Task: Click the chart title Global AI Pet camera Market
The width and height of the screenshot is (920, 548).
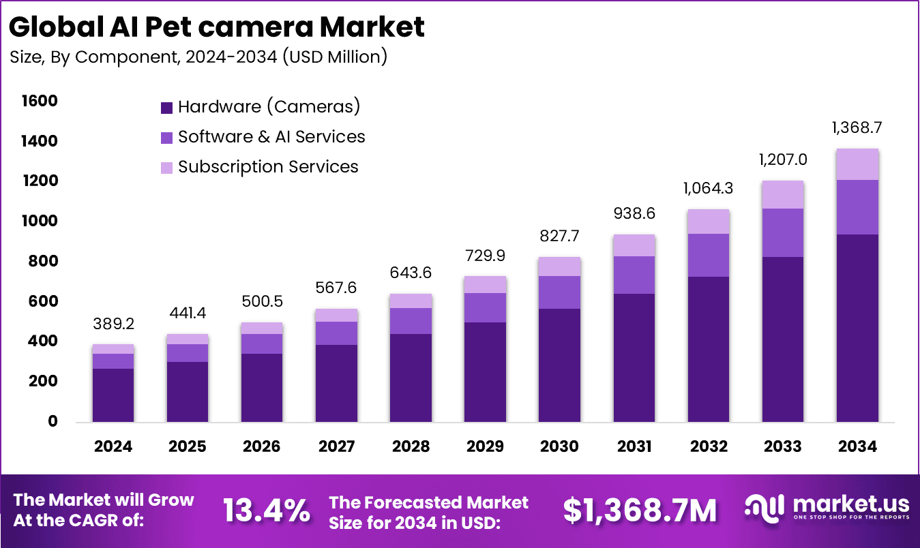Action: tap(217, 27)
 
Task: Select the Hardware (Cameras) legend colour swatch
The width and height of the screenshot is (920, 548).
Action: tap(166, 107)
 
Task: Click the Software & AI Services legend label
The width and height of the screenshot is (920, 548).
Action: tap(271, 137)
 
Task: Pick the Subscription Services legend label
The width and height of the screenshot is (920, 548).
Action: tap(268, 167)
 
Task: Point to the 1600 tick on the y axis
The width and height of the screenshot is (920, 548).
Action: tap(40, 102)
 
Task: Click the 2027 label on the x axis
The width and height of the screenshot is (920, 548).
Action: tap(336, 446)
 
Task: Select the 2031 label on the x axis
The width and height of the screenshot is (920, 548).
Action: tap(634, 446)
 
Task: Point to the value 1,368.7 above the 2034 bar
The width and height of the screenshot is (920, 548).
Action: tap(857, 128)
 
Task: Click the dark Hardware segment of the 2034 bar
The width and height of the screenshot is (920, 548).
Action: tap(857, 327)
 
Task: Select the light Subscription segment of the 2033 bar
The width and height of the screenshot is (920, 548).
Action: tap(782, 195)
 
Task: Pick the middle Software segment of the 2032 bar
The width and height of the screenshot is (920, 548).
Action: tap(708, 255)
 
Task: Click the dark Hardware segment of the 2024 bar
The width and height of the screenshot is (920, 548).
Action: tap(113, 395)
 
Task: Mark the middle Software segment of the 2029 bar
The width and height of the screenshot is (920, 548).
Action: tap(486, 307)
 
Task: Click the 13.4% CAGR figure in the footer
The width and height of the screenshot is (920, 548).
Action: tap(267, 511)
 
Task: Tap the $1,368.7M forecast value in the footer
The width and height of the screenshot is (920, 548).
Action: tap(640, 511)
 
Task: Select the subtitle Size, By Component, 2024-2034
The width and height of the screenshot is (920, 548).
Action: tap(198, 57)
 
